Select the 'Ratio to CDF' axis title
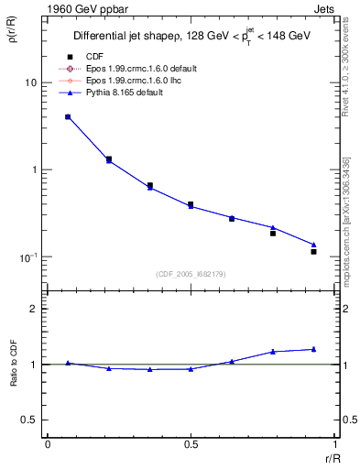click(x=14, y=364)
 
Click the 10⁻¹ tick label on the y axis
click(x=27, y=256)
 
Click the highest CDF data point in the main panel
click(x=68, y=117)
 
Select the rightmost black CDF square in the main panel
click(x=313, y=251)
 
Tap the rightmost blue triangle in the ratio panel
click(x=313, y=349)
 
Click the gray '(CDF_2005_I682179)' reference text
click(x=190, y=275)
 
